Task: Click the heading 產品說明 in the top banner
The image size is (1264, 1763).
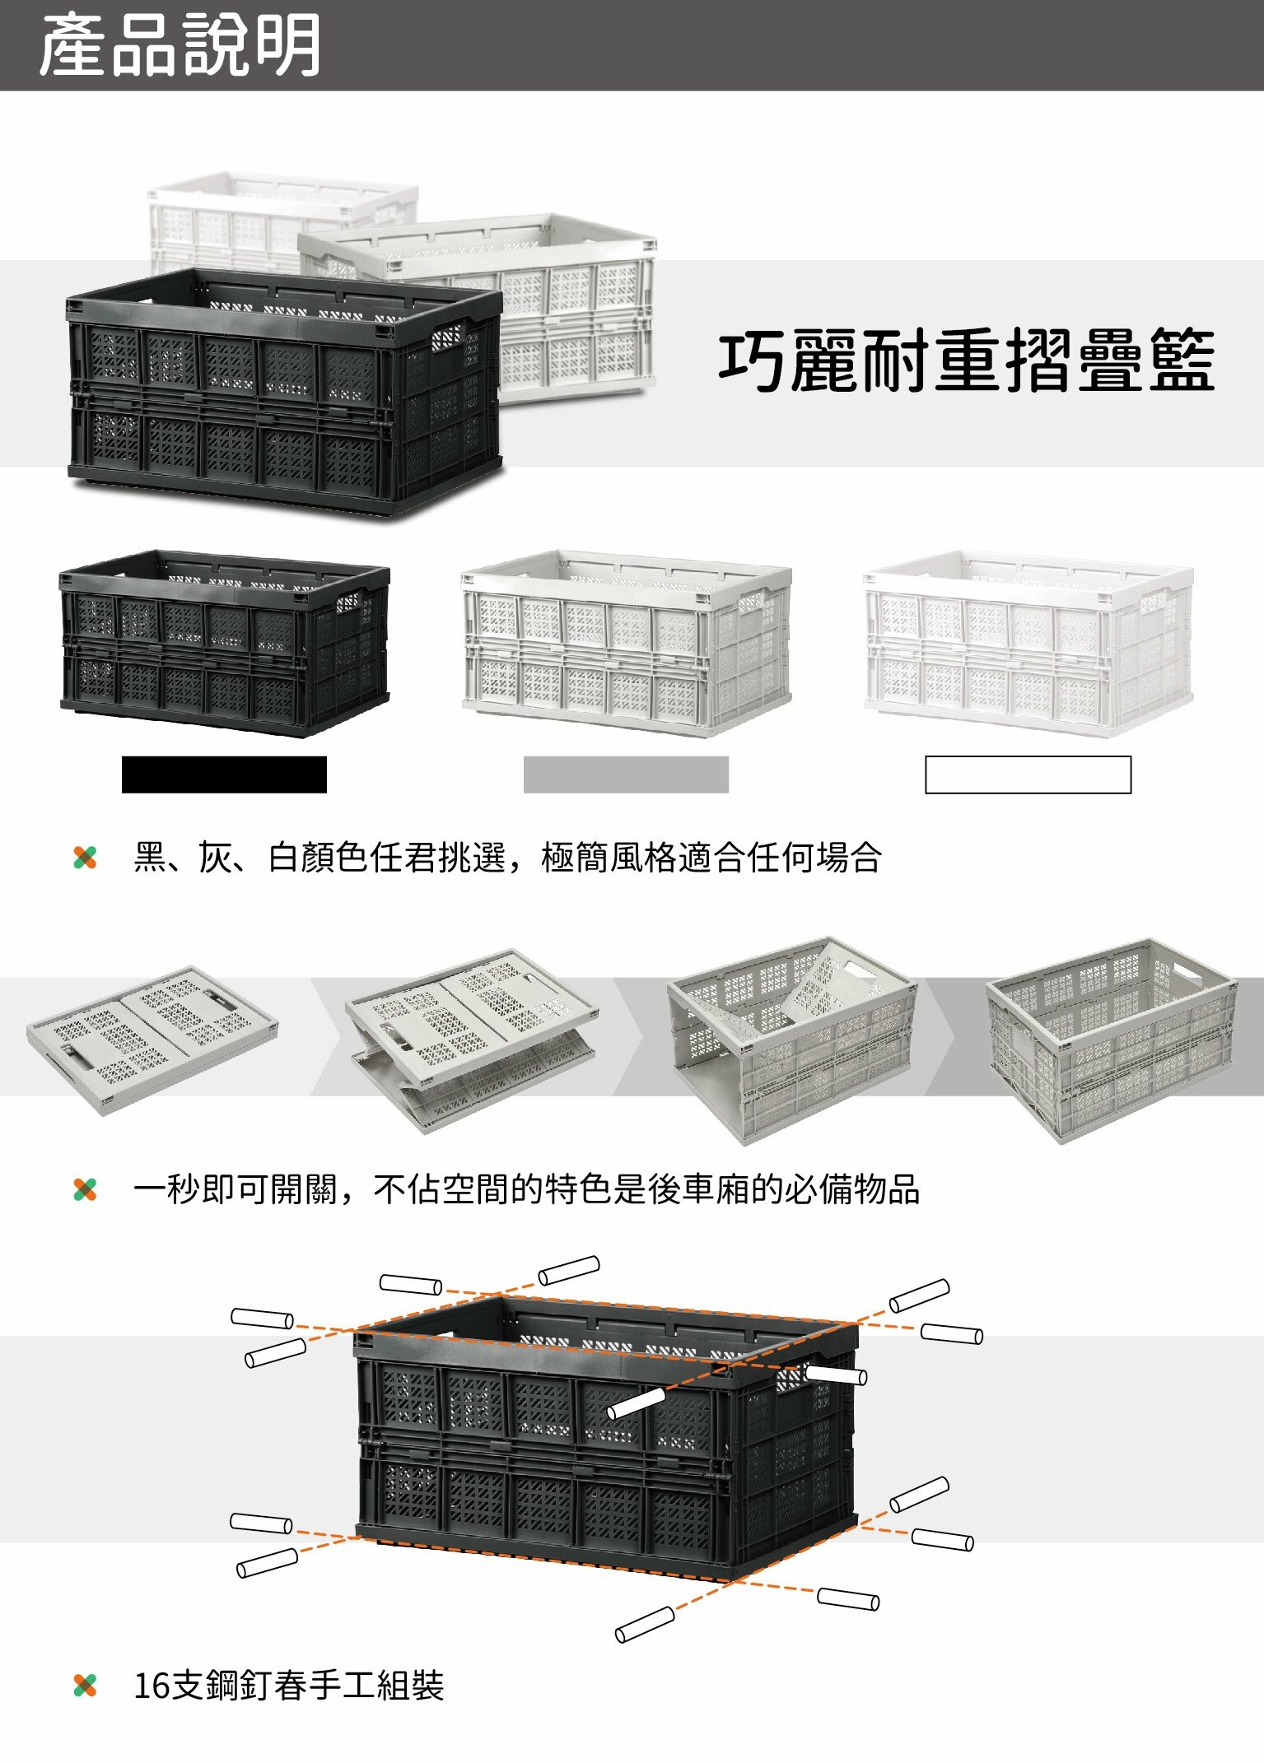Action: tap(180, 46)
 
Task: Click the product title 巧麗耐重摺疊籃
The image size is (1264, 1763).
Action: tap(967, 361)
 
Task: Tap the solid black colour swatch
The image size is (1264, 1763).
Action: tap(224, 775)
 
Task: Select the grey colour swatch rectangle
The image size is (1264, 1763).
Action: tap(626, 775)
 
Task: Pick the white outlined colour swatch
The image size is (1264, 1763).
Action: tap(1028, 775)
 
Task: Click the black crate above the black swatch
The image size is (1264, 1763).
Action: tap(224, 643)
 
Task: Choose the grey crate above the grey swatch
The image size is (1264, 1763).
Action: tap(626, 643)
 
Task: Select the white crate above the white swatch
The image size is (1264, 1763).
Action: tap(1028, 643)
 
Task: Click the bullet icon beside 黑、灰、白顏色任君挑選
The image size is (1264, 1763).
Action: tap(85, 858)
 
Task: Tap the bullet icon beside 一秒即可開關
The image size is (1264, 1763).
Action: tap(85, 1189)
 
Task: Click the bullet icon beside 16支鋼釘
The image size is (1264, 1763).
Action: tap(85, 1686)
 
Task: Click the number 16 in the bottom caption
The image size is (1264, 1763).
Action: tap(152, 1686)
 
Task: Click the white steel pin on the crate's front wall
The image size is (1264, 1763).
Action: tap(636, 1402)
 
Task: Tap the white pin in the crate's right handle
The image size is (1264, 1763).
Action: tap(835, 1374)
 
